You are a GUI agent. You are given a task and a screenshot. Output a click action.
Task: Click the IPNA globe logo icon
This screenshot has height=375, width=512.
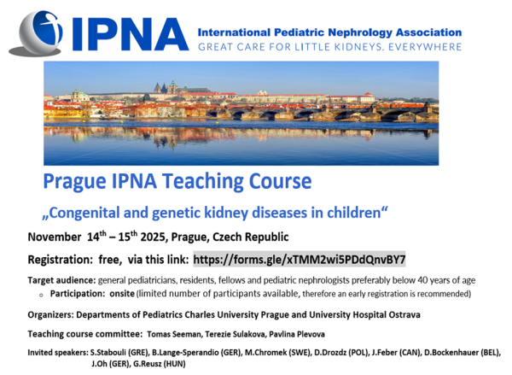pos(36,32)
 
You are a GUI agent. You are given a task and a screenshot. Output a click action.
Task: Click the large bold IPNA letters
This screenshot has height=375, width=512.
pos(131,34)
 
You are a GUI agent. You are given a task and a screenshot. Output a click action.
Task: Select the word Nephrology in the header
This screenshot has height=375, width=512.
pos(360,32)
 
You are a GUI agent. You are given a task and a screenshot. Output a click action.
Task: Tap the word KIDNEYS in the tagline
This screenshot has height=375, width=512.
pos(355,47)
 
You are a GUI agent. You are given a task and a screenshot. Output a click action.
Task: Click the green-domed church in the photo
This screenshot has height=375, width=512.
pos(79,96)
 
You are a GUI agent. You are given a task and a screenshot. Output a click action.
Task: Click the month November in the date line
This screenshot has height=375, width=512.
pos(55,237)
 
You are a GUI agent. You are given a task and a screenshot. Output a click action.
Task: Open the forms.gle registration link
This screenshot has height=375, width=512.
pos(300,260)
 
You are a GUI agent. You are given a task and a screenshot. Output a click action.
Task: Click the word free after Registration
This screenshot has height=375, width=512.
pos(110,260)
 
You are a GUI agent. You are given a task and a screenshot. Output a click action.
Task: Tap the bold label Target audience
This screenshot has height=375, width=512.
pos(61,280)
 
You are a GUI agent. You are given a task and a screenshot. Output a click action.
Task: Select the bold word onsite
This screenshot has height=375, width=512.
pos(122,294)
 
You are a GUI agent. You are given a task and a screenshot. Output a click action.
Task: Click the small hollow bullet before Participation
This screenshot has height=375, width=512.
pos(41,295)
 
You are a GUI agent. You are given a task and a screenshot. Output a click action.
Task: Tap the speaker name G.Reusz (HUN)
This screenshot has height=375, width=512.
pos(160,364)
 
